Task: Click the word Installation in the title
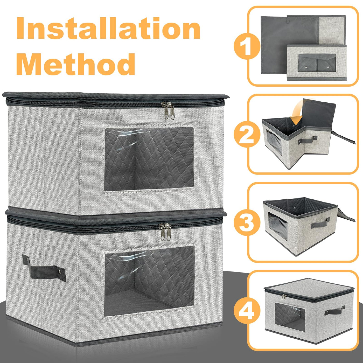(x=108, y=28)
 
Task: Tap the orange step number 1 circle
(x=247, y=46)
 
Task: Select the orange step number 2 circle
(x=247, y=134)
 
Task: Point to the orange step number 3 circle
(x=247, y=222)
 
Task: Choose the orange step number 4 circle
(x=247, y=310)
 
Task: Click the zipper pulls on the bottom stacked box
(x=165, y=232)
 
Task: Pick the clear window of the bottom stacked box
(x=149, y=282)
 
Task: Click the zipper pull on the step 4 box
(x=283, y=297)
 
